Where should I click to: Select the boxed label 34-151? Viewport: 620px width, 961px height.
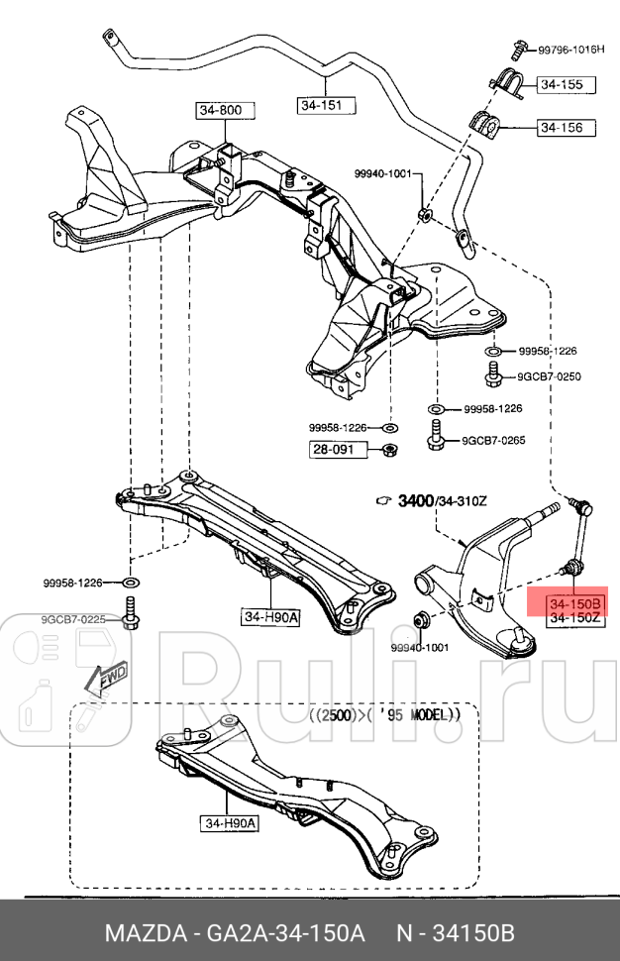tap(326, 104)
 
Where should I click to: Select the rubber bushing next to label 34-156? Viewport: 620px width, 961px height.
tap(486, 123)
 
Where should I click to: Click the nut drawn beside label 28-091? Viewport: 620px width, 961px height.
tap(389, 450)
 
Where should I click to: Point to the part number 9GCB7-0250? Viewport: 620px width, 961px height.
tap(548, 376)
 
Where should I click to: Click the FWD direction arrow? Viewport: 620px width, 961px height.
tap(104, 677)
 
